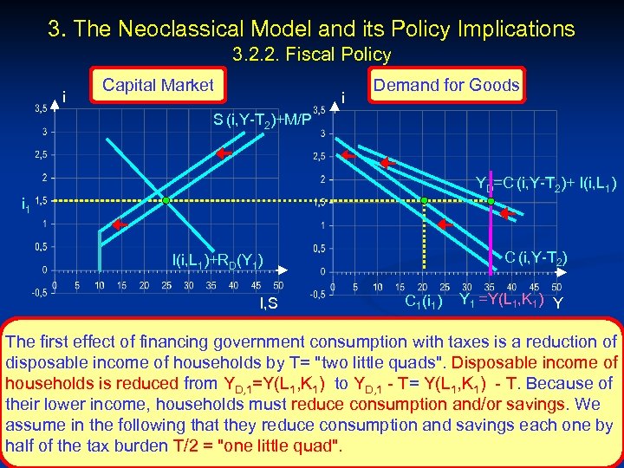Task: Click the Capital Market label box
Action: coord(158,85)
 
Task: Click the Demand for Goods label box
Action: coord(445,84)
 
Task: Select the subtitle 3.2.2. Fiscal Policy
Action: coord(312,55)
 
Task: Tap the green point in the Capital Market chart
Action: coord(166,201)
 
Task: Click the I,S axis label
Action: coord(269,302)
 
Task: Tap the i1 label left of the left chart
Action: coord(26,205)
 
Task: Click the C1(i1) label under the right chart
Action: coord(425,302)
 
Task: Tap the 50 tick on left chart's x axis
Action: coord(277,284)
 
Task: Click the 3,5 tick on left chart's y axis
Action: coord(41,109)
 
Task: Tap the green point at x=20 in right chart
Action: coord(424,201)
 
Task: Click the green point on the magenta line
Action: coord(491,201)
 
